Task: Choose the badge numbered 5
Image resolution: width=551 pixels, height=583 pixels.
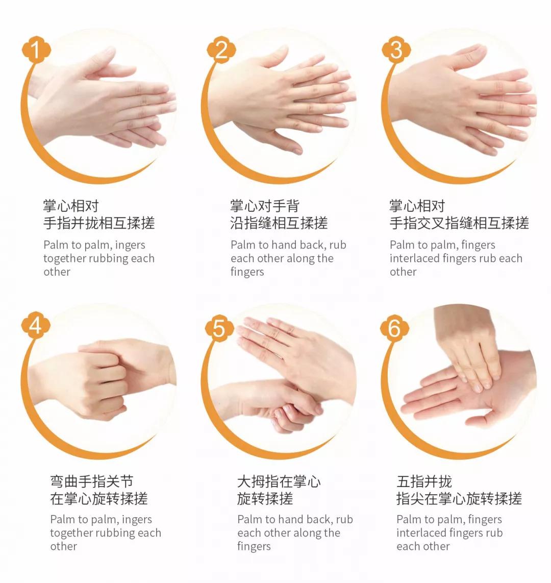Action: click(x=219, y=328)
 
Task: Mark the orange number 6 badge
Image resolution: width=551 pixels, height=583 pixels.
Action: click(x=394, y=328)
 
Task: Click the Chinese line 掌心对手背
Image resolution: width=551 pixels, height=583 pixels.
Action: click(x=264, y=206)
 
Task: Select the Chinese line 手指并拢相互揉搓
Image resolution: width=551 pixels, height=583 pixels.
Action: click(x=99, y=223)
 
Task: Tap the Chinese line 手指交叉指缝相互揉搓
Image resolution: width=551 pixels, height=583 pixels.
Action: click(x=459, y=223)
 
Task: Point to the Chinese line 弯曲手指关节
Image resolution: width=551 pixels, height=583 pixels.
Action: click(x=92, y=481)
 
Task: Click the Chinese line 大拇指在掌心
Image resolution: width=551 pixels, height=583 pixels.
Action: click(x=279, y=481)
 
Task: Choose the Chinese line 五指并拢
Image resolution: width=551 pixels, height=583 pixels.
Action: click(x=424, y=481)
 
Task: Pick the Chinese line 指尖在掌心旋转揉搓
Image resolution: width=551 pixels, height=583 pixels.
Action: click(x=459, y=498)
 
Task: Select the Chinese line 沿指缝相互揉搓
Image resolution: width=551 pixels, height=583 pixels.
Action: click(x=279, y=223)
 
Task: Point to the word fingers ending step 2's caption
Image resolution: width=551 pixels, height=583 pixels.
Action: click(x=247, y=272)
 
